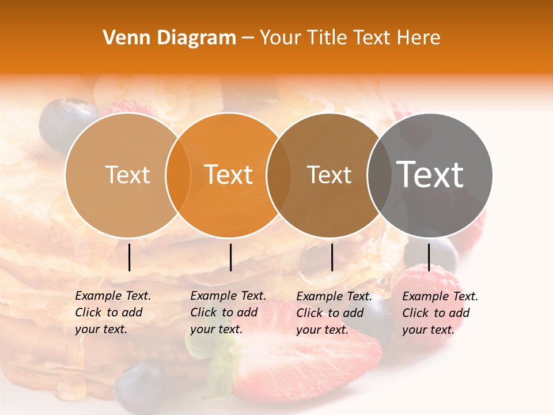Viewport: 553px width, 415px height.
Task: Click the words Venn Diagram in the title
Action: [x=169, y=38]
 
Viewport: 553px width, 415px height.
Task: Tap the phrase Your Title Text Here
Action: [x=350, y=38]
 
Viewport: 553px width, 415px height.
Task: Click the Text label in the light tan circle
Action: [x=127, y=175]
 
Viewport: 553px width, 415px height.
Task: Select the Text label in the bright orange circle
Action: [x=229, y=175]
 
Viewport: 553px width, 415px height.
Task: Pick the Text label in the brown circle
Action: [x=329, y=175]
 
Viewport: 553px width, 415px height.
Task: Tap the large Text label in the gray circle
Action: [x=430, y=174]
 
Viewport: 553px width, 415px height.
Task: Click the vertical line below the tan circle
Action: [x=129, y=257]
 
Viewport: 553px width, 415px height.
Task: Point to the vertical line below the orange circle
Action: [x=230, y=257]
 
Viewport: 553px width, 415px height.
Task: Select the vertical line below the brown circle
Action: [x=332, y=257]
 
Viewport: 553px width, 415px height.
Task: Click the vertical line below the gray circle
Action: [x=429, y=257]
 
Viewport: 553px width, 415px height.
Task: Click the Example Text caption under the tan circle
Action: [x=112, y=312]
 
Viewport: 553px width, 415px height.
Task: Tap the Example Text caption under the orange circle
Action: [x=228, y=312]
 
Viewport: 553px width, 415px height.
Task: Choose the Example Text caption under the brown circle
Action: [x=334, y=313]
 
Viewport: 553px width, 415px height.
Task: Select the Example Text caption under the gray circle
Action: [x=440, y=313]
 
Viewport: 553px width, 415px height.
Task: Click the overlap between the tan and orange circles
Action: [x=179, y=175]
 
